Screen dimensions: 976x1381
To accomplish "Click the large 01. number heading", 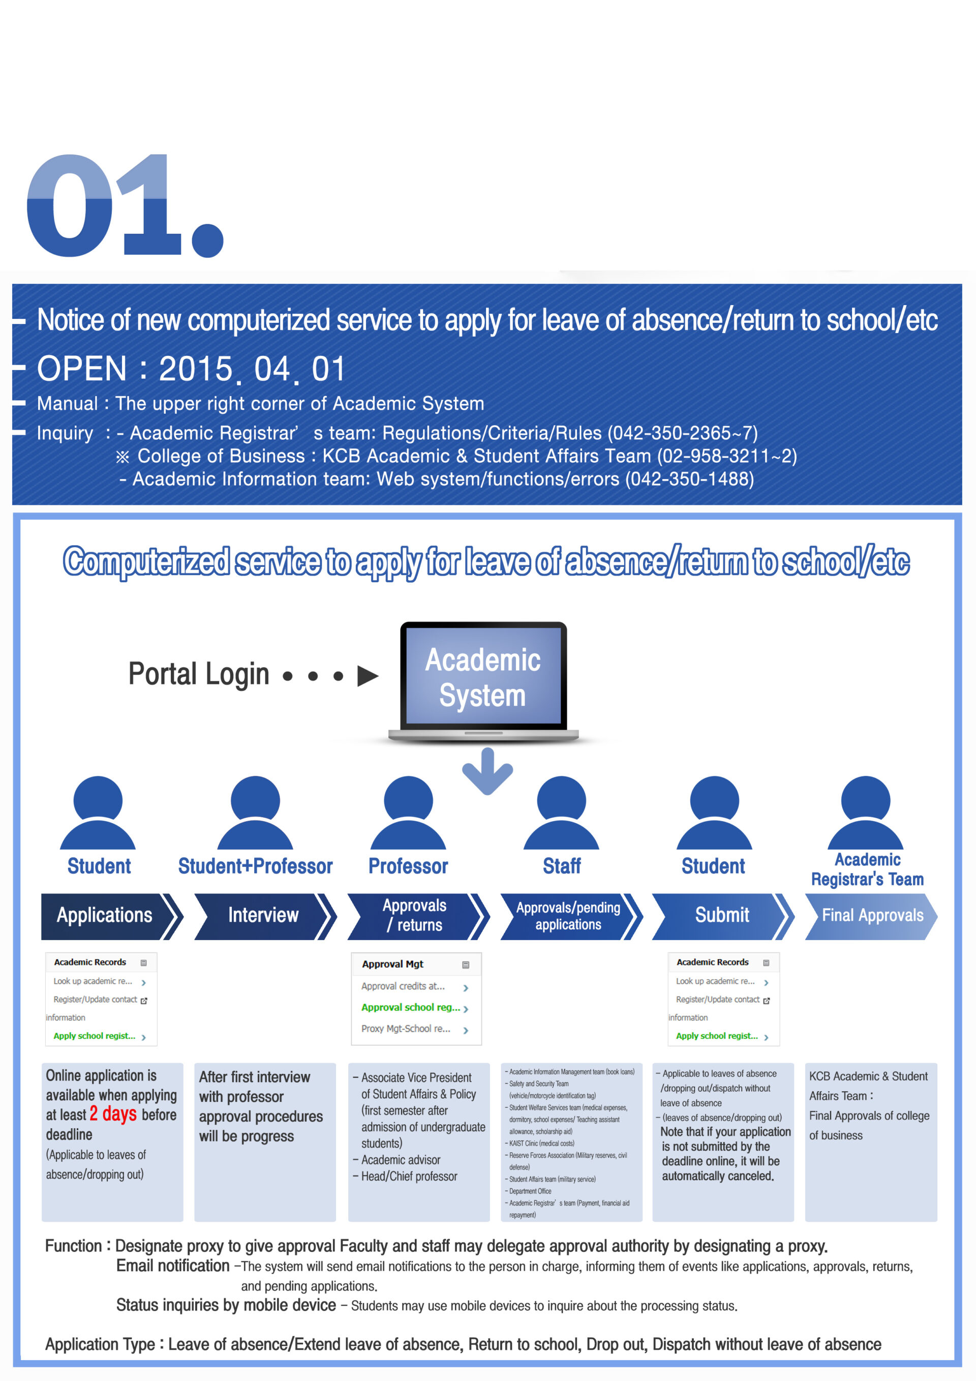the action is (x=125, y=205).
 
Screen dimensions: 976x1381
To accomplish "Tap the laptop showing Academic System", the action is (x=483, y=682).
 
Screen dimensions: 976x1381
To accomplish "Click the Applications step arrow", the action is (x=112, y=916).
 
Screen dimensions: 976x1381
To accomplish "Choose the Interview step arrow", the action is (x=265, y=916).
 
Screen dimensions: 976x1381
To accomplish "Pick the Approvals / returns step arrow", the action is (x=418, y=916).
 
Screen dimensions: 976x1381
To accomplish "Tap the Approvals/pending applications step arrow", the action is (x=571, y=916).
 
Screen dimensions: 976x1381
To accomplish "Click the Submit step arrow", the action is (x=723, y=916).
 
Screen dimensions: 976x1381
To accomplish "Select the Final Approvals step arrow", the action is (x=871, y=916).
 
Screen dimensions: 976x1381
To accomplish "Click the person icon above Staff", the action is (x=561, y=813).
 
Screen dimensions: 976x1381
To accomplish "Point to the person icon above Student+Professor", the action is (x=255, y=813).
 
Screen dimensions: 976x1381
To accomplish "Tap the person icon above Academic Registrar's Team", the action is (x=865, y=813).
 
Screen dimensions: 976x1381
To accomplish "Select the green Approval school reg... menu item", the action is (x=411, y=1007).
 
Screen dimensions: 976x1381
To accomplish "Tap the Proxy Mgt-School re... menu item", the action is (x=406, y=1029).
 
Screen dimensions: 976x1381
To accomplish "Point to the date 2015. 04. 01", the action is (x=252, y=369).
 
